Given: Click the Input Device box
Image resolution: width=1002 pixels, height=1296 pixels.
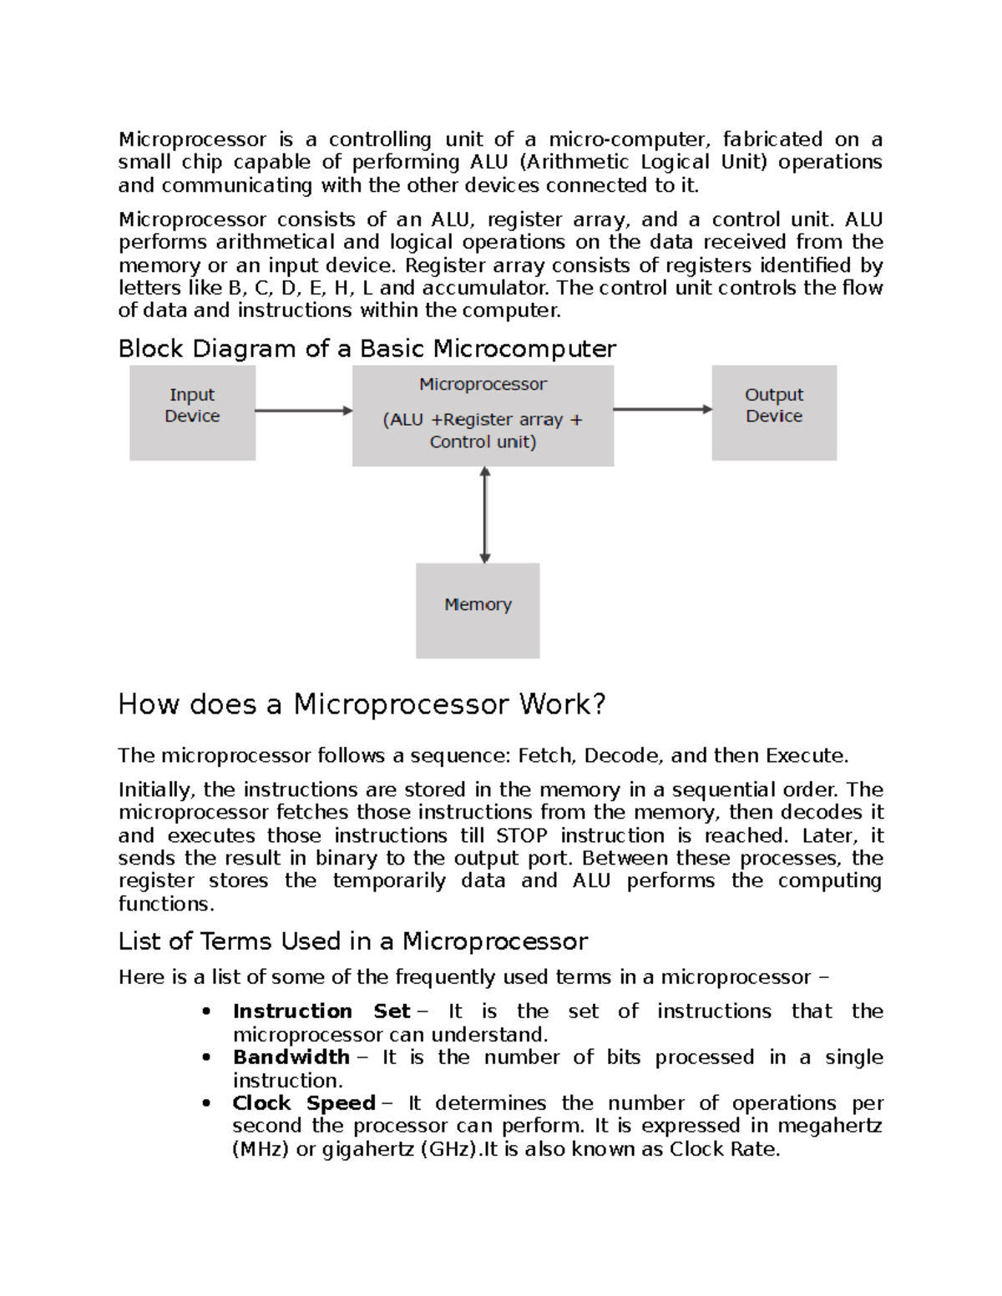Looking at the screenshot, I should (192, 412).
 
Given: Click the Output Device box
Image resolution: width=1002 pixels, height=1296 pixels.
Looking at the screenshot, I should (773, 412).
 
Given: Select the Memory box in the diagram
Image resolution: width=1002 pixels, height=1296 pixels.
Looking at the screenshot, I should (478, 610).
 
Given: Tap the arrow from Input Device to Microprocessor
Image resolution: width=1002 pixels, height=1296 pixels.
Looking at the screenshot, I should (304, 410).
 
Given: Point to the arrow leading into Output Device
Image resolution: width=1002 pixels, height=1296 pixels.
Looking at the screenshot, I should (662, 409).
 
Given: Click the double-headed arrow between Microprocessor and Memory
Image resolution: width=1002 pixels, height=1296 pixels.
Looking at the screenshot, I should (485, 514).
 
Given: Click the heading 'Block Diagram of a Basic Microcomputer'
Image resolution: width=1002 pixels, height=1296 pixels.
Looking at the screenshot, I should (367, 348).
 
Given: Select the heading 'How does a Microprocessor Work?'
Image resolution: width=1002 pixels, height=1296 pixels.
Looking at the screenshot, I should (361, 704).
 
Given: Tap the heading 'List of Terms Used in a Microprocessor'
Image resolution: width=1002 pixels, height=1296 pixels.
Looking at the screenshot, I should (352, 941).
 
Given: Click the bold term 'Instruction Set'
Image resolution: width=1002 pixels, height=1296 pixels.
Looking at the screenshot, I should (321, 1011).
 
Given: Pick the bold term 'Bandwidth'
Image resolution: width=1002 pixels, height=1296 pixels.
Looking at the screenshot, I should (291, 1057).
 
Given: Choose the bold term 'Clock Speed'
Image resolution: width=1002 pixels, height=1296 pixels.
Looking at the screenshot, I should (303, 1103).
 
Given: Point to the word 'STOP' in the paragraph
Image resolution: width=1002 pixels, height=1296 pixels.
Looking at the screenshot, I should (522, 836).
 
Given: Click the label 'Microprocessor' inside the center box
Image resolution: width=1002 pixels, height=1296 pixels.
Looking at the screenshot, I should (483, 385).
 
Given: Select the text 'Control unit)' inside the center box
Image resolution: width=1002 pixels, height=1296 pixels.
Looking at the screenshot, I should (483, 442).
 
